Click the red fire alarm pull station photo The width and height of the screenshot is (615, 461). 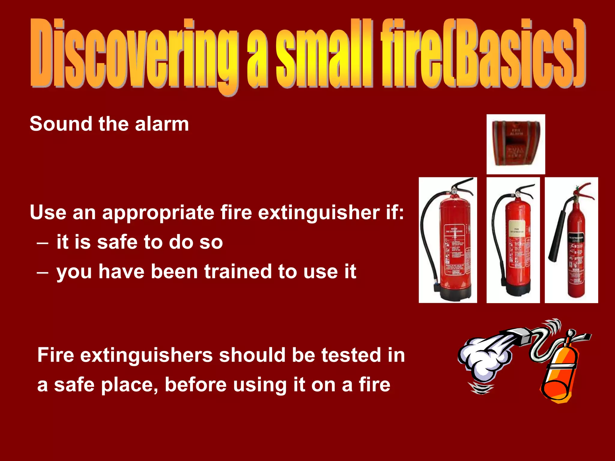(x=516, y=144)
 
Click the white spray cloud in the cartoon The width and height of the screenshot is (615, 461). (x=483, y=357)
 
